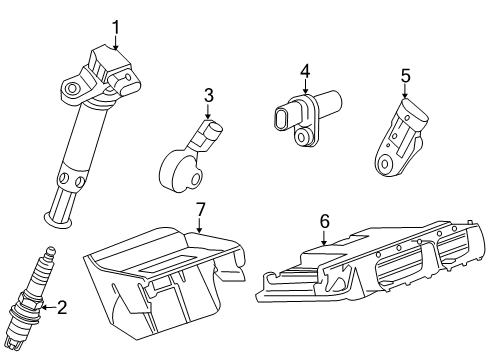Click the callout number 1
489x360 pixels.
115,26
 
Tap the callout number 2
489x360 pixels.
61,309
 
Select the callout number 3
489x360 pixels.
207,96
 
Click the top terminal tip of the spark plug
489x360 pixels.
51,252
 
